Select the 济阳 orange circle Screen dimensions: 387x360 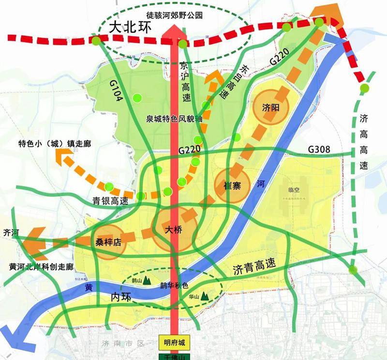[271, 107]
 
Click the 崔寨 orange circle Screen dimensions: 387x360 [230, 185]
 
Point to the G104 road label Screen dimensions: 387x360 [118, 91]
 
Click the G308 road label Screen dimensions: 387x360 [319, 150]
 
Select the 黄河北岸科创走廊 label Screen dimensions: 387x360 [41, 267]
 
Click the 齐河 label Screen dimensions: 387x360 [10, 232]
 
